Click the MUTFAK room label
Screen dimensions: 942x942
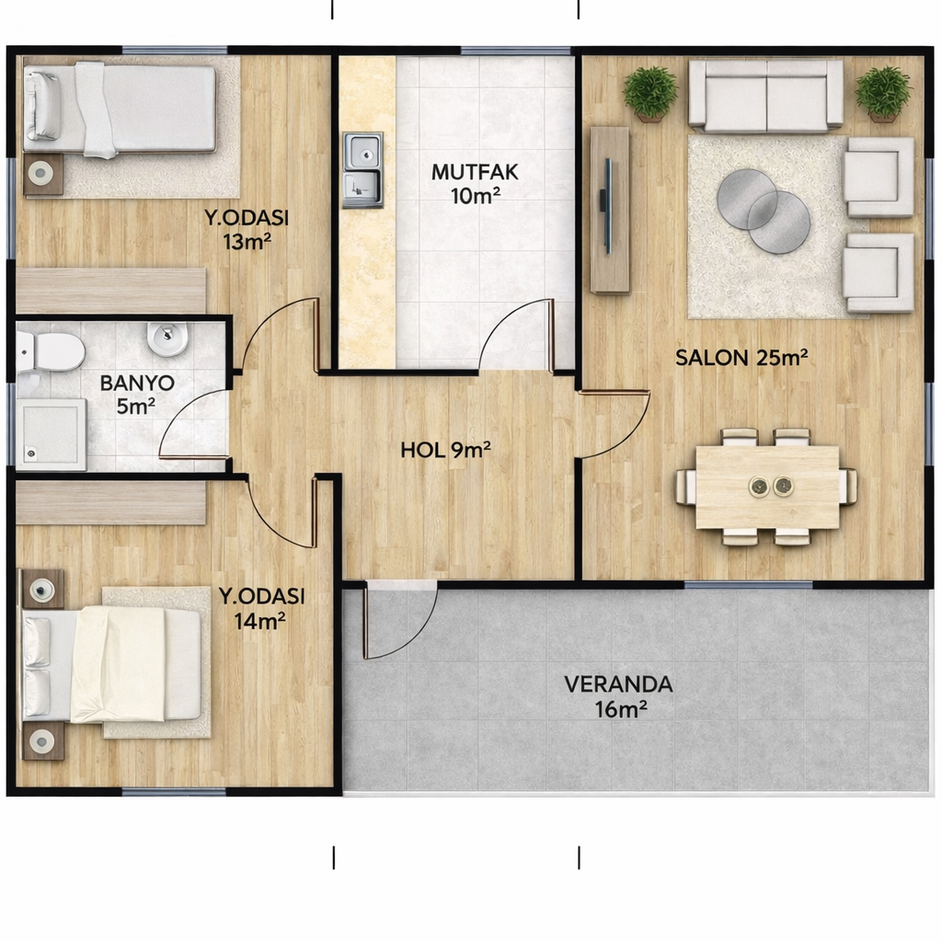coord(475,172)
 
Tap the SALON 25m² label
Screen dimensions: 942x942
coord(741,358)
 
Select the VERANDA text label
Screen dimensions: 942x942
coord(618,684)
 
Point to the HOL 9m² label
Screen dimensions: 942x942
coord(446,450)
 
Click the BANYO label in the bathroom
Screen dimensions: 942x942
coord(137,383)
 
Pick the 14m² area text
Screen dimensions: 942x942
coord(259,621)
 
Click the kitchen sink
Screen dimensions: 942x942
coord(362,170)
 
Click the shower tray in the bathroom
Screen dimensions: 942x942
coord(52,434)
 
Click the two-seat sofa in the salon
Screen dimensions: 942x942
coord(766,96)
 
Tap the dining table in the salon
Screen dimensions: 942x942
coord(767,488)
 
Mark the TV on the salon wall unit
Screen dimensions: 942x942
coord(607,206)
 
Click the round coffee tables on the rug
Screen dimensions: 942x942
coord(763,211)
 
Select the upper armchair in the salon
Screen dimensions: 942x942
coord(879,177)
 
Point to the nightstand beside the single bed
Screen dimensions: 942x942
coord(42,174)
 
